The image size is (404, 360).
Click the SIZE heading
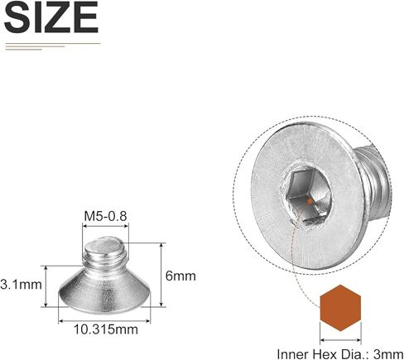[51, 17]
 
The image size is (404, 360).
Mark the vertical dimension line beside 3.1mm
[47, 286]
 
